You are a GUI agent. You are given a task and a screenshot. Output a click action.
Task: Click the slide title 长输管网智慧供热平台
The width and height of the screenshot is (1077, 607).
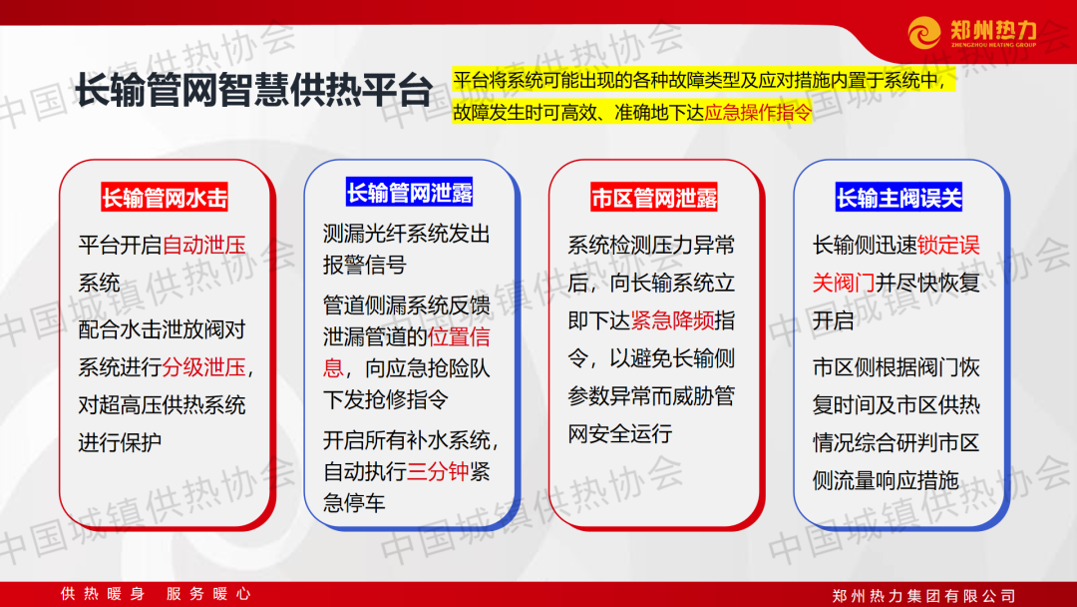(253, 90)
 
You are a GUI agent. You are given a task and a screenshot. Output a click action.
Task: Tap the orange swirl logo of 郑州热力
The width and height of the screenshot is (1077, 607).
(924, 32)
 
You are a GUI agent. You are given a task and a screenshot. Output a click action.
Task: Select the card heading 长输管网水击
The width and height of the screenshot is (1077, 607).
(165, 198)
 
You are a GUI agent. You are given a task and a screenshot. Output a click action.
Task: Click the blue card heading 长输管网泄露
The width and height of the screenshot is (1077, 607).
(410, 193)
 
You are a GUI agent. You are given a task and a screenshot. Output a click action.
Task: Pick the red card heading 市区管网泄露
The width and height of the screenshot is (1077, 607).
(654, 198)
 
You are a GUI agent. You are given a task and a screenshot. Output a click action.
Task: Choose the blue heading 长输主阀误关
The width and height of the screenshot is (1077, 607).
(898, 198)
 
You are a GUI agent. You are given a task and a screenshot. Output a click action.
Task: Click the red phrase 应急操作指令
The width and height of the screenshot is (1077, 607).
(758, 112)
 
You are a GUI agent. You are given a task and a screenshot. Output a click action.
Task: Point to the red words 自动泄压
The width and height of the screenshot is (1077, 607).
(204, 245)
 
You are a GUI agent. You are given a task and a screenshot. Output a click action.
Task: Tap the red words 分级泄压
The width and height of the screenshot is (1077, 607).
(204, 367)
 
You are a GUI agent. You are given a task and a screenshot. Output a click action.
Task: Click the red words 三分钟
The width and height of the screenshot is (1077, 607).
(438, 471)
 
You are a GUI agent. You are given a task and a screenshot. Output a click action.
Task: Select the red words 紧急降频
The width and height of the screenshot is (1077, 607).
(672, 320)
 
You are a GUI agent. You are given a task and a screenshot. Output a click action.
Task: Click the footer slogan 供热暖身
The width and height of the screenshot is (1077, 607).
(103, 594)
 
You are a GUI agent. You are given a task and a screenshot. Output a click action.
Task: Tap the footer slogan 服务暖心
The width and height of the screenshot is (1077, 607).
(208, 594)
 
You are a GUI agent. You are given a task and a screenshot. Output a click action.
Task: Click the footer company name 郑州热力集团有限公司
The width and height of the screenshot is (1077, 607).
(923, 595)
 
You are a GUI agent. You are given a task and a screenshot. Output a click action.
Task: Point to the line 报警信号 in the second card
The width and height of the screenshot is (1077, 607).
(365, 265)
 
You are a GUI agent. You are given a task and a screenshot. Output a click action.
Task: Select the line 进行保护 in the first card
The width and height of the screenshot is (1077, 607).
(120, 442)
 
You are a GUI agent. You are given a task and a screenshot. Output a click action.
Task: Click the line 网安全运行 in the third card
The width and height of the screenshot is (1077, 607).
(619, 433)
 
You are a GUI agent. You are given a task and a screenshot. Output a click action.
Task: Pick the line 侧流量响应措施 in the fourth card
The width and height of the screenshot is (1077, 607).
(886, 480)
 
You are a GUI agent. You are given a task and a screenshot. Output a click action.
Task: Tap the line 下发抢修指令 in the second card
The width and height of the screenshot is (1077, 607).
(385, 399)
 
